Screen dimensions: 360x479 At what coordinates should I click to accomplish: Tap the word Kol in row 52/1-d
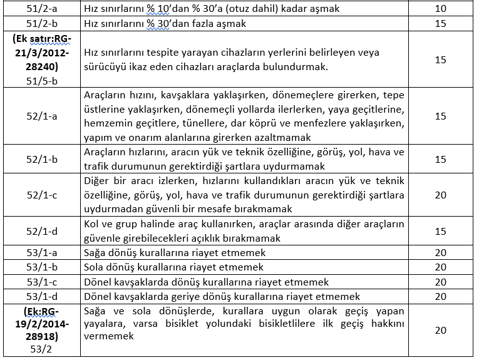92,224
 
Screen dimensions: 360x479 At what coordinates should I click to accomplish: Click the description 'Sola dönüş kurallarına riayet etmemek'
175,267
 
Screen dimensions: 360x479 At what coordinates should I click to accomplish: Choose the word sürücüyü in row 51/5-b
106,67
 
